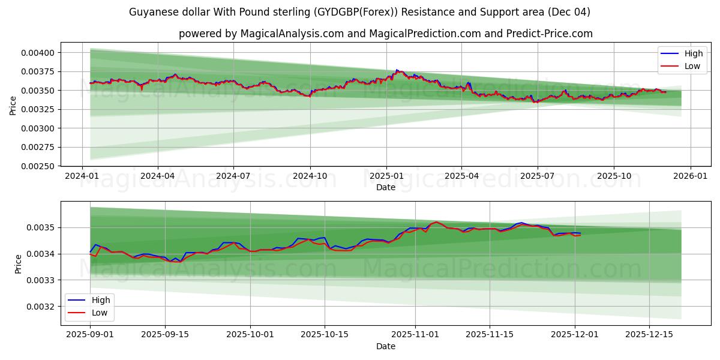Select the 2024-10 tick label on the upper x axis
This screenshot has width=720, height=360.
(310, 176)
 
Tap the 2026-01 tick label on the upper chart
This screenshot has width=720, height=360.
(690, 176)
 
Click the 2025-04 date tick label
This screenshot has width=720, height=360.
(461, 176)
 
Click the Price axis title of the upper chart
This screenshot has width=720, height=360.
(13, 105)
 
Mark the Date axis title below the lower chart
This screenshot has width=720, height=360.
(385, 346)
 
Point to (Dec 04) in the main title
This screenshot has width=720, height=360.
(569, 12)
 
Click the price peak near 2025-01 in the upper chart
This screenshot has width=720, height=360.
(397, 70)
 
